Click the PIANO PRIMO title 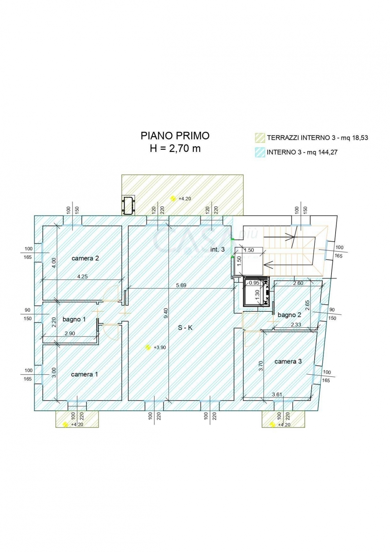pyautogui.click(x=175, y=136)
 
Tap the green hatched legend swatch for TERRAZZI pyautogui.click(x=260, y=138)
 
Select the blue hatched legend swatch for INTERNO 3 pyautogui.click(x=260, y=152)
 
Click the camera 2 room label pyautogui.click(x=85, y=258)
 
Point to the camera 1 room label pyautogui.click(x=85, y=374)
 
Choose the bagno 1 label pyautogui.click(x=74, y=319)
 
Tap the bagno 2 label pyautogui.click(x=289, y=315)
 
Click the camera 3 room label pyautogui.click(x=288, y=361)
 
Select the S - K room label pyautogui.click(x=185, y=328)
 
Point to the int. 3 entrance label pyautogui.click(x=217, y=250)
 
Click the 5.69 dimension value pyautogui.click(x=181, y=285)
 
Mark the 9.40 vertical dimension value pyautogui.click(x=166, y=313)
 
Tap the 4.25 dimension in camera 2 pyautogui.click(x=82, y=276)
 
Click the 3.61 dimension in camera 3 pyautogui.click(x=277, y=394)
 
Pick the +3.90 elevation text pyautogui.click(x=160, y=347)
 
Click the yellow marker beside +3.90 pyautogui.click(x=148, y=347)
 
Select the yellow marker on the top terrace pyautogui.click(x=173, y=198)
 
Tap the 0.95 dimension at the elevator pyautogui.click(x=254, y=283)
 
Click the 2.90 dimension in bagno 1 pyautogui.click(x=70, y=333)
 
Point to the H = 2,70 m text pyautogui.click(x=175, y=149)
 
